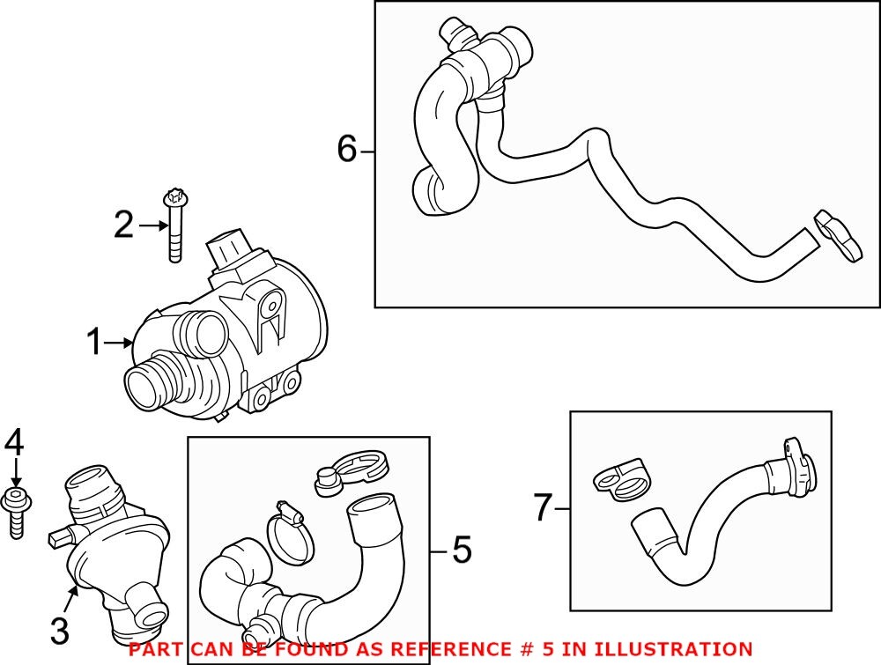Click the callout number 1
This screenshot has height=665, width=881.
(x=95, y=343)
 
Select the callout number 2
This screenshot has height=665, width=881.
(x=123, y=225)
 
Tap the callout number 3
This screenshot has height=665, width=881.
(x=59, y=630)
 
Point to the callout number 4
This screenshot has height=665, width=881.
(x=14, y=443)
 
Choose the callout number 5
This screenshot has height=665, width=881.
(x=462, y=551)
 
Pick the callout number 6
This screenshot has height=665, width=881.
(x=348, y=151)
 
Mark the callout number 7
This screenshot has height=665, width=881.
(x=543, y=507)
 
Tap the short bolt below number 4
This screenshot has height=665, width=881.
(x=16, y=511)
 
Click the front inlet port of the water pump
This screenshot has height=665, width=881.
(x=145, y=385)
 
